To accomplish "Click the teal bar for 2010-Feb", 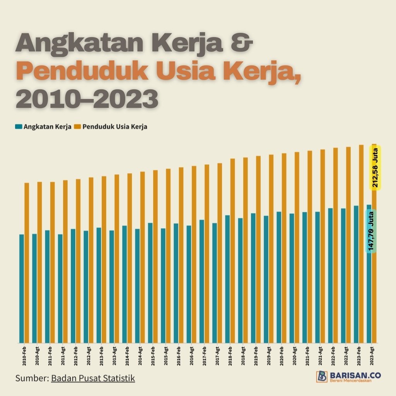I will pyautogui.click(x=21, y=288).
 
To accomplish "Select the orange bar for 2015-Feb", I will pyautogui.click(x=155, y=255).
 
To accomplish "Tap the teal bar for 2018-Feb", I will pyautogui.click(x=227, y=278).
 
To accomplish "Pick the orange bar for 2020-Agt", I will pyautogui.click(x=297, y=247).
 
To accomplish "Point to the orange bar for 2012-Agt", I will pyautogui.click(x=91, y=259).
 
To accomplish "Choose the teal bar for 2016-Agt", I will pyautogui.click(x=189, y=284).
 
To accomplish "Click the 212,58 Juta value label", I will pyautogui.click(x=376, y=167).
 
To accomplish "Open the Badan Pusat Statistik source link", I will pyautogui.click(x=93, y=378).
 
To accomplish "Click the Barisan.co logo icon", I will pyautogui.click(x=322, y=376).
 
